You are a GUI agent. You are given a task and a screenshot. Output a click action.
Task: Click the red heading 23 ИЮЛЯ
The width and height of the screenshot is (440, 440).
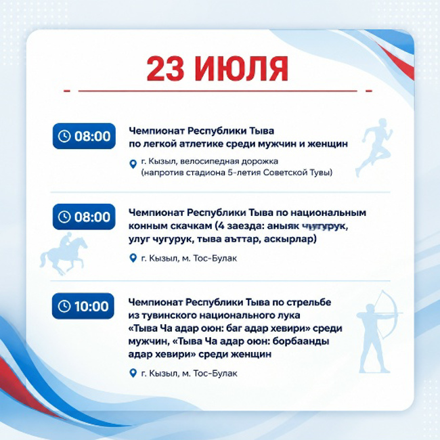[217, 69]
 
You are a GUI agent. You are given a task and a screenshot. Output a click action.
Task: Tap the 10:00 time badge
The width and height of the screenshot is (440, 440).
[83, 306]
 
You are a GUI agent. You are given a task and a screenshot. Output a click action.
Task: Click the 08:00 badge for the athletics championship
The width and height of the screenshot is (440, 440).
[84, 136]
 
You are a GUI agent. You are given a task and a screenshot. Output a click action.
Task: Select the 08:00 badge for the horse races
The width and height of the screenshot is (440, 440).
[84, 217]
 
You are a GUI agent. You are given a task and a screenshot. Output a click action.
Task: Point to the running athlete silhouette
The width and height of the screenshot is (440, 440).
[374, 148]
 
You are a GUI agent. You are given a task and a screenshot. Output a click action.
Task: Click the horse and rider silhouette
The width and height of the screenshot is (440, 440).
[64, 254]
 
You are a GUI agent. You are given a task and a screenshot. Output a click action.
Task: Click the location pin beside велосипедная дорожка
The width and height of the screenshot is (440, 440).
[133, 164]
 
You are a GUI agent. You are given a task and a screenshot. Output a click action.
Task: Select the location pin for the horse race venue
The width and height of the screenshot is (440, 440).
[133, 258]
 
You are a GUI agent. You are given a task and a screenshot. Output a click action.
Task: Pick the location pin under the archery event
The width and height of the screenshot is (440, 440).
[133, 373]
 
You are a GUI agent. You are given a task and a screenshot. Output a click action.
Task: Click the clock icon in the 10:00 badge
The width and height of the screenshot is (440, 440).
[64, 306]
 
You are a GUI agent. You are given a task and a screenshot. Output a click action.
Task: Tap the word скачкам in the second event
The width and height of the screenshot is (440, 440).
[190, 226]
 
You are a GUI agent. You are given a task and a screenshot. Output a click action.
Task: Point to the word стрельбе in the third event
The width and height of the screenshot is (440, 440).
[309, 302]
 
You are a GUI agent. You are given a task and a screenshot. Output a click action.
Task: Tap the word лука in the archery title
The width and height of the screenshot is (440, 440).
[291, 315]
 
